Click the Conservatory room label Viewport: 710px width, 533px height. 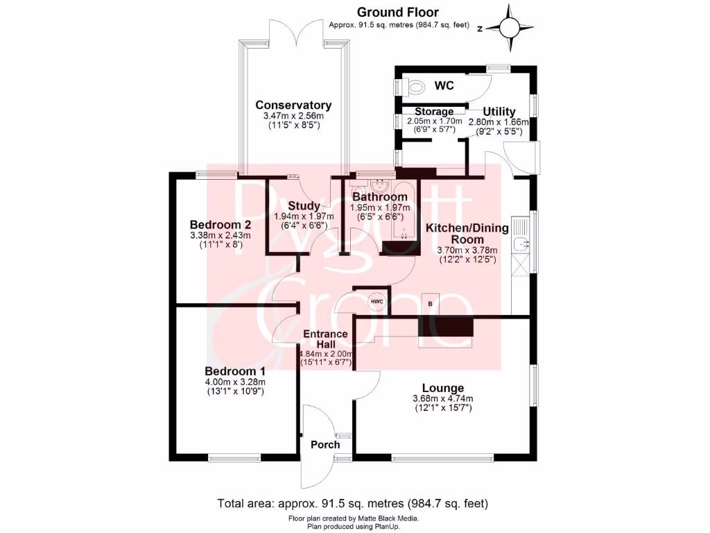point(293,105)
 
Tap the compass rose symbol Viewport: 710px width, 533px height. point(510,27)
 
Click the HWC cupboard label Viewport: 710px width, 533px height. point(376,301)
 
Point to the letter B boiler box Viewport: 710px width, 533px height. point(431,305)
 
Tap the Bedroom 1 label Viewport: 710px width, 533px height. point(234,371)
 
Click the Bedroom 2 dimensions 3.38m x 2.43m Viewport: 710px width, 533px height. point(220,235)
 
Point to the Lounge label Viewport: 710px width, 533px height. point(443,388)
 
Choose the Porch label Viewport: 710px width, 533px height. point(324,445)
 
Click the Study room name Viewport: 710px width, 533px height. point(304,205)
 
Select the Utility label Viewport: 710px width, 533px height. point(499,112)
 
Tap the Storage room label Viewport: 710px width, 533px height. point(434,112)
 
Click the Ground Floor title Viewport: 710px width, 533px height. point(397,12)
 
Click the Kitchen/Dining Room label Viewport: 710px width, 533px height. point(467,234)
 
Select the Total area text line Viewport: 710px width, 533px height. point(353,503)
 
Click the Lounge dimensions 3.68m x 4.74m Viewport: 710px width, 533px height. point(443,398)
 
